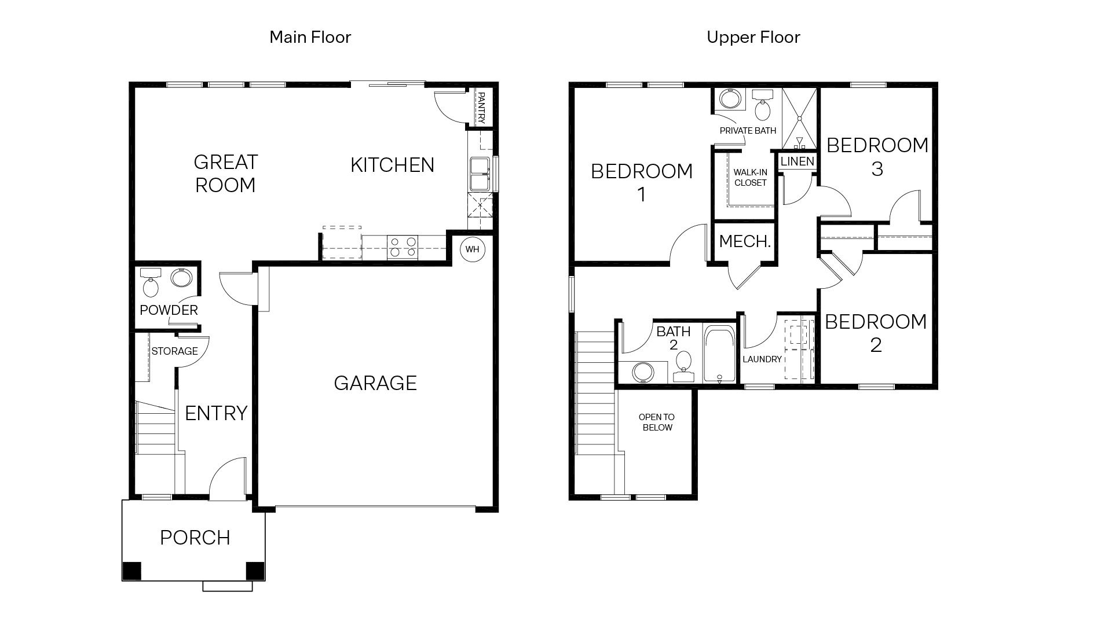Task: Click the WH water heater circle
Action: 473,249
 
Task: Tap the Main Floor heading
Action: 310,37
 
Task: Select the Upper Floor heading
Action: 753,37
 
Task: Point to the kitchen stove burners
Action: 403,247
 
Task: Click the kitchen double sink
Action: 480,174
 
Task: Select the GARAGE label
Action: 375,383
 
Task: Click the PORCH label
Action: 195,538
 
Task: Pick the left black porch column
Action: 131,571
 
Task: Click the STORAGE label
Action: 174,351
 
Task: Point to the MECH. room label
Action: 745,241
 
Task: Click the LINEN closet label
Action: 798,161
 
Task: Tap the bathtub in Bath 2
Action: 719,354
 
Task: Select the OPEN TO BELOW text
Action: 657,422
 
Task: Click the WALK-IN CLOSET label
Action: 750,178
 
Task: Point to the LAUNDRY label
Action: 762,359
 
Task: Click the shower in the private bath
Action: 799,119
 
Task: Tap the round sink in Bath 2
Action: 642,372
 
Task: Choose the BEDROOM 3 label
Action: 877,156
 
